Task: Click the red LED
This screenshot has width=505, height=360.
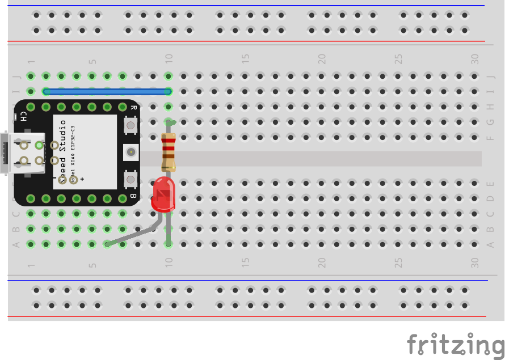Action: pyautogui.click(x=163, y=193)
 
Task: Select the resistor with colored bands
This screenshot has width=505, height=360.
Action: pyautogui.click(x=169, y=150)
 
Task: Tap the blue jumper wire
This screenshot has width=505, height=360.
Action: pyautogui.click(x=107, y=91)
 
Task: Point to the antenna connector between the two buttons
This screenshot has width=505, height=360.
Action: pyautogui.click(x=131, y=151)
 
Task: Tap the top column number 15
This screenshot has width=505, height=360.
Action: pyautogui.click(x=246, y=58)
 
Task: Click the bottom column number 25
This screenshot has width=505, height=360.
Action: pyautogui.click(x=399, y=263)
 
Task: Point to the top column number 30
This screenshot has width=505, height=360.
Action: pyautogui.click(x=475, y=58)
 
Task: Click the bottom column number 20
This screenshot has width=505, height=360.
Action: pyautogui.click(x=322, y=263)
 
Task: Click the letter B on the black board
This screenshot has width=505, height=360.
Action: pyautogui.click(x=133, y=196)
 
